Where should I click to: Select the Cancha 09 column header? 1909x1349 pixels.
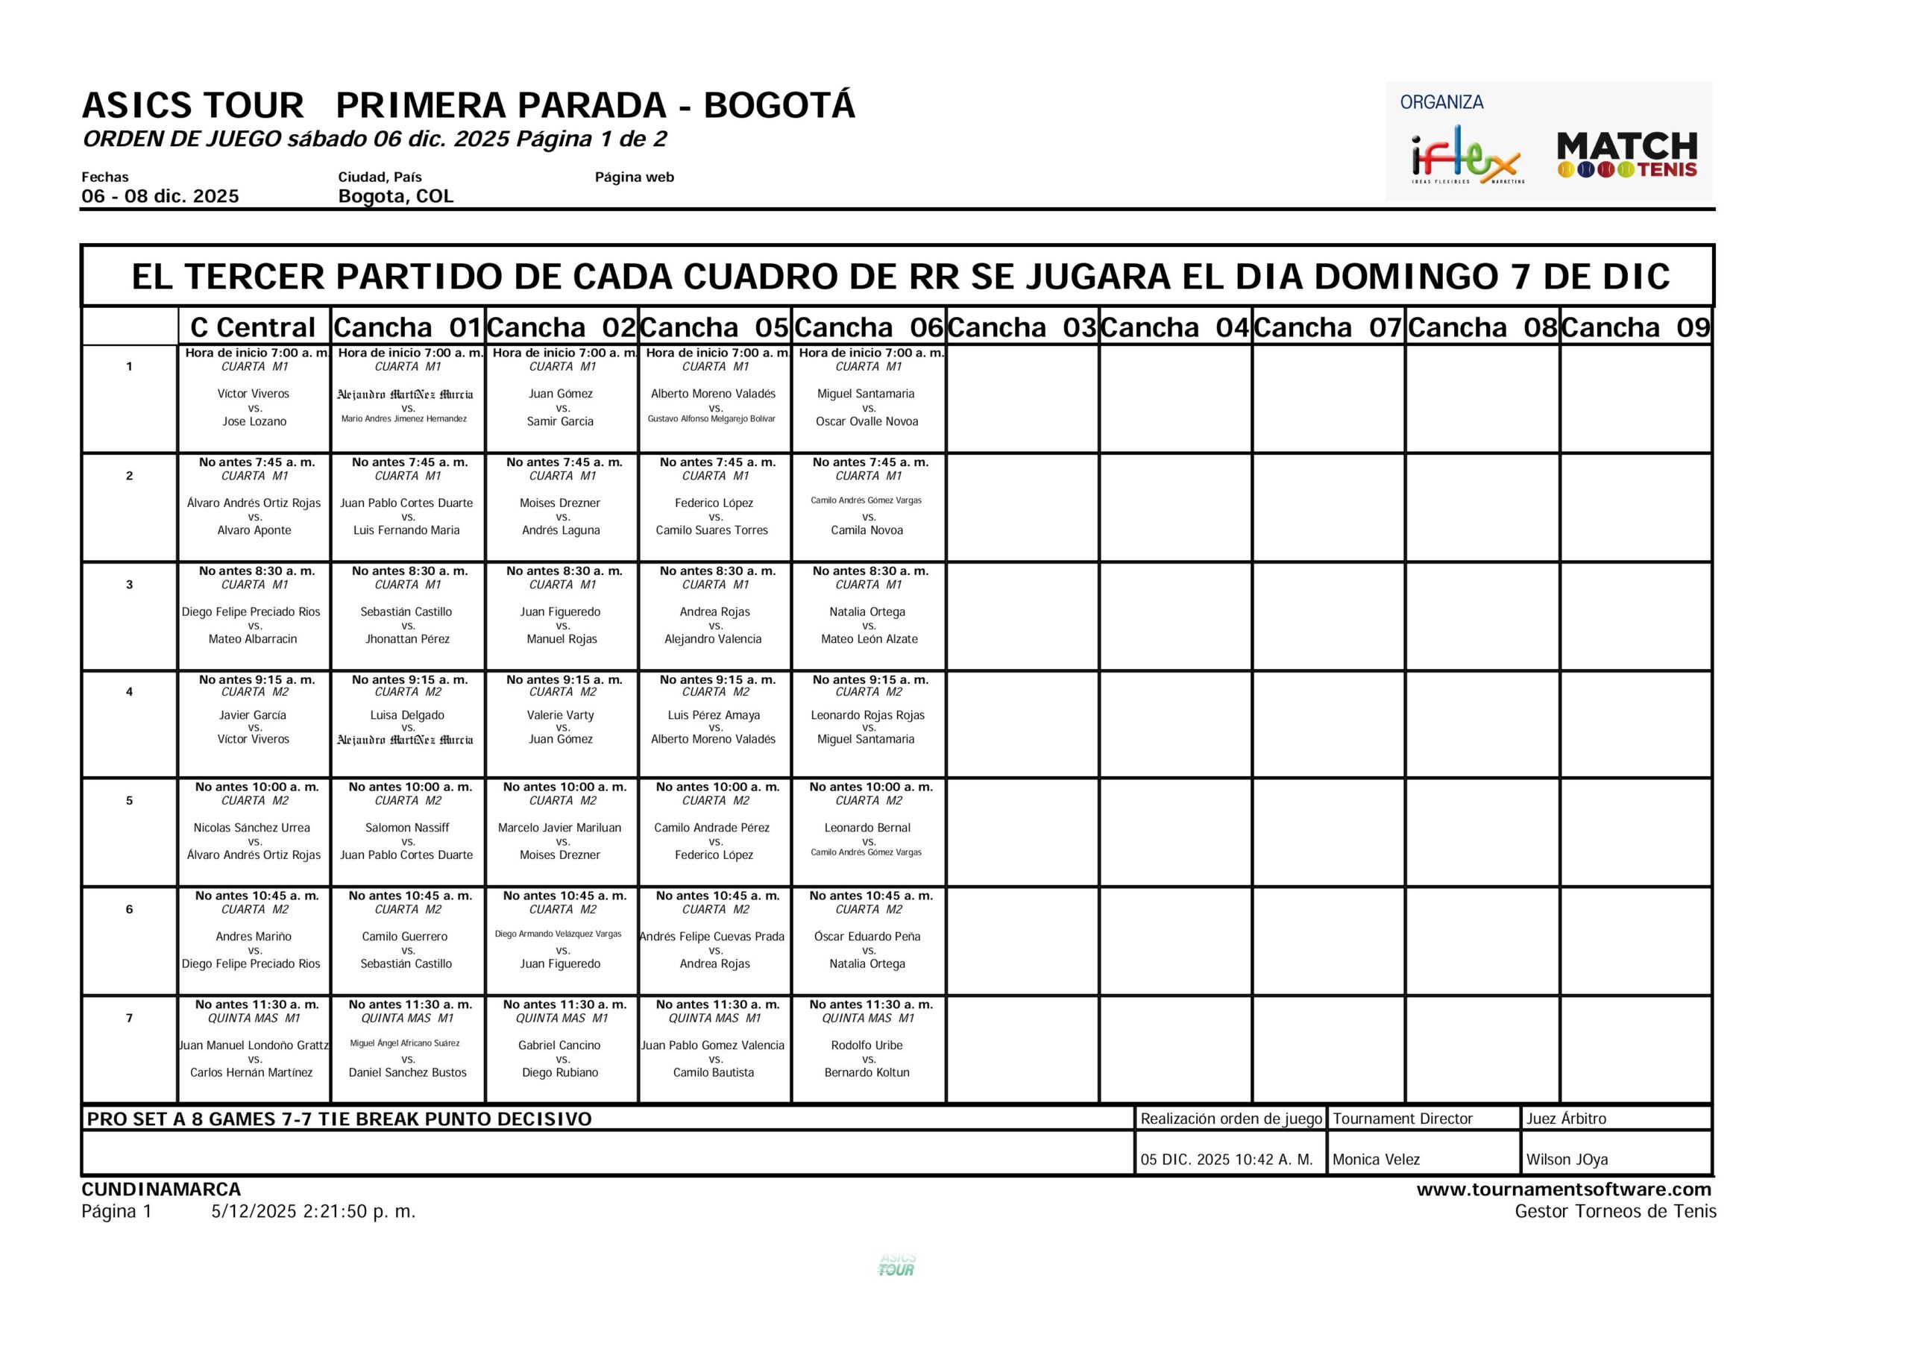tap(1635, 327)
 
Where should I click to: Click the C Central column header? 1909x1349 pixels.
tap(254, 327)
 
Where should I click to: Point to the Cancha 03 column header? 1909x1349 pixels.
tap(1022, 327)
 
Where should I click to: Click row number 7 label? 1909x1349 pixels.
tap(129, 1018)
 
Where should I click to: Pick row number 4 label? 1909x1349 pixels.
tap(129, 692)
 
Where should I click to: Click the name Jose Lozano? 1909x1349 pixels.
tap(254, 421)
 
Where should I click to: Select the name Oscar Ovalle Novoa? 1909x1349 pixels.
tap(867, 421)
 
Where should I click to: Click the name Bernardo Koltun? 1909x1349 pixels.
tap(867, 1073)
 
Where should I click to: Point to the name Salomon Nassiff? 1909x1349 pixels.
tap(407, 828)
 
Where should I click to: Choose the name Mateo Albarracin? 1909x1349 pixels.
tap(253, 640)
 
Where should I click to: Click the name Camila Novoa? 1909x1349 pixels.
tap(867, 531)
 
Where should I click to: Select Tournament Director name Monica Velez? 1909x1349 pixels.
tap(1376, 1160)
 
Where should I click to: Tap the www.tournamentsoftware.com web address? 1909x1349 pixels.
tap(1563, 1189)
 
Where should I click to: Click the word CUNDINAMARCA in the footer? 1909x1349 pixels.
tap(161, 1189)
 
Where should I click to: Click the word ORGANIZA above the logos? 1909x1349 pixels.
tap(1441, 102)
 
